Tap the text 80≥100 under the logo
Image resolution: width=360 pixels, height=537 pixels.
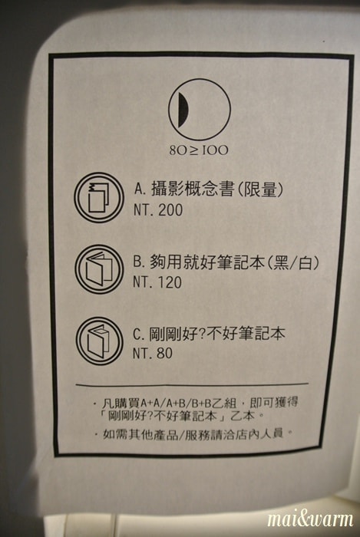pyautogui.click(x=199, y=150)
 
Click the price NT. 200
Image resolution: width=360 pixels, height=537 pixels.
pyautogui.click(x=158, y=210)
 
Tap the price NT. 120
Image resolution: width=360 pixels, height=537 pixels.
pyautogui.click(x=157, y=282)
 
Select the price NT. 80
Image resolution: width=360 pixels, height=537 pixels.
pyautogui.click(x=153, y=353)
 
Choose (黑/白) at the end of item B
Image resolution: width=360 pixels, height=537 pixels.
pyautogui.click(x=293, y=262)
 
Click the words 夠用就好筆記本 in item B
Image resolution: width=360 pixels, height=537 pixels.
pyautogui.click(x=207, y=262)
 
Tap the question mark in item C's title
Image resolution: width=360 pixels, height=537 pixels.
pyautogui.click(x=202, y=334)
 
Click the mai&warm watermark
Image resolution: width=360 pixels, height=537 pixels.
pyautogui.click(x=310, y=519)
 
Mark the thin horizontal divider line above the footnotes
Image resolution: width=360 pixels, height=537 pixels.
pyautogui.click(x=192, y=384)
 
